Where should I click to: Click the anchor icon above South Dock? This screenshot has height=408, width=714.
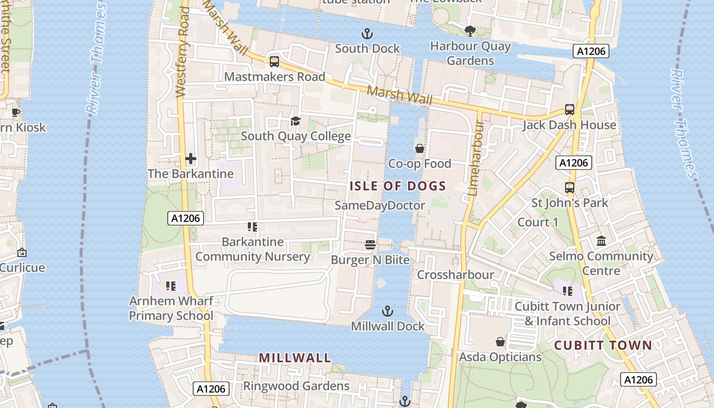(x=367, y=34)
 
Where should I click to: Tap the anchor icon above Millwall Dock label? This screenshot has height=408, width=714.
(x=388, y=311)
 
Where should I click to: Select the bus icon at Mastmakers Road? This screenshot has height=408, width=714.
(x=274, y=62)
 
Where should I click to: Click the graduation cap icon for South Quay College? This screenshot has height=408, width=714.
(x=295, y=121)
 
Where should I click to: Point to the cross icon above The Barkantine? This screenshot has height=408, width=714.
(x=191, y=159)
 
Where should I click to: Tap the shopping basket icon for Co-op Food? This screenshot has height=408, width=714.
(x=420, y=148)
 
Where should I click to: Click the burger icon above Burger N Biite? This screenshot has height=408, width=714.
(x=370, y=245)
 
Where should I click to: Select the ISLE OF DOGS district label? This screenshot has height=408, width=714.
(x=398, y=186)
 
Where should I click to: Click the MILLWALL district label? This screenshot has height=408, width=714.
(x=295, y=358)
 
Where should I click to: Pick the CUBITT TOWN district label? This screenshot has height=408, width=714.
(x=603, y=345)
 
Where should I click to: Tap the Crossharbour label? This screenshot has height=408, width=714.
(x=455, y=275)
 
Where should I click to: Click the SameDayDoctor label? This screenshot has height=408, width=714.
(x=380, y=206)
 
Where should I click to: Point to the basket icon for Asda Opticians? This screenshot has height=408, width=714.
(x=500, y=342)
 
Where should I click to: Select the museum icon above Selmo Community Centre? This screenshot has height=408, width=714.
(x=601, y=241)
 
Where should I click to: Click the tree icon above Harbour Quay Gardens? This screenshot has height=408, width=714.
(x=470, y=32)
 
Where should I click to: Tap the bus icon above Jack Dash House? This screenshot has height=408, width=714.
(x=570, y=110)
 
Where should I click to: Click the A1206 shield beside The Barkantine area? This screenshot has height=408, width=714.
(x=186, y=218)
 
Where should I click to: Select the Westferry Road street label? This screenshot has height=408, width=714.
(x=183, y=51)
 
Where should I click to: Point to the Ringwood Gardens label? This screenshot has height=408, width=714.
(x=296, y=386)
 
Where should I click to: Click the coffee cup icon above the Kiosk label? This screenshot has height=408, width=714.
(x=16, y=112)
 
